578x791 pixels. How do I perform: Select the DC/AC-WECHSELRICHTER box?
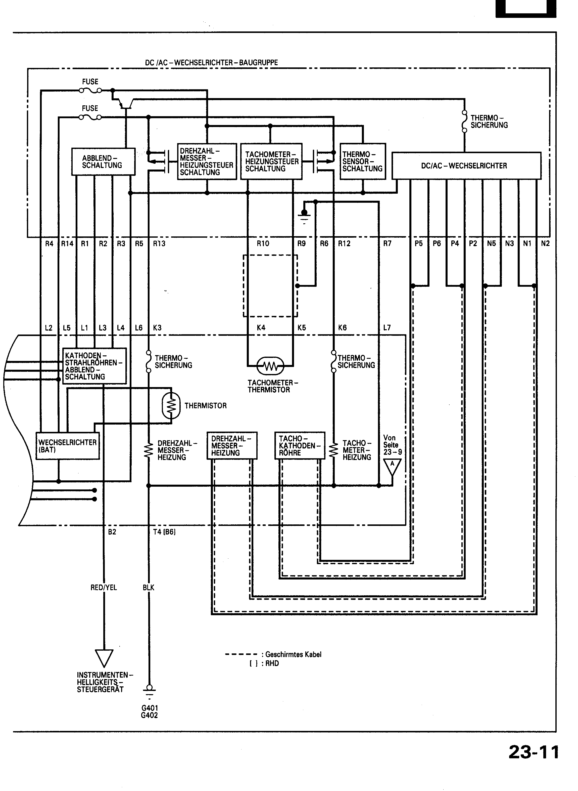click(x=466, y=166)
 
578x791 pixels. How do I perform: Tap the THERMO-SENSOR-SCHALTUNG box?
click(x=362, y=161)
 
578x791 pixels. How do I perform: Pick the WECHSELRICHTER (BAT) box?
click(x=68, y=446)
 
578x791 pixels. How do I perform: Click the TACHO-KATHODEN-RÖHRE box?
click(x=300, y=445)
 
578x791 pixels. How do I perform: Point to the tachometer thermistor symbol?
click(x=270, y=366)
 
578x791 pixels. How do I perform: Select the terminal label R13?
click(x=159, y=243)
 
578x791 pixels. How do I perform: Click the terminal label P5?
click(x=418, y=243)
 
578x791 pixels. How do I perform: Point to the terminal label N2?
click(x=545, y=243)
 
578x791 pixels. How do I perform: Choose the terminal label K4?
click(x=261, y=328)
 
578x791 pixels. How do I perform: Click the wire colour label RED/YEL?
click(x=104, y=588)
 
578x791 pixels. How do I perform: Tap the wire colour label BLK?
click(x=148, y=588)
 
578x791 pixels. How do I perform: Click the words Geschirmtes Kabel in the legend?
click(x=293, y=654)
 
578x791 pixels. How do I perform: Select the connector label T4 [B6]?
click(x=164, y=532)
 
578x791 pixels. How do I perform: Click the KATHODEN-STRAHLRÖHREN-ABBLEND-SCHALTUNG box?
click(x=94, y=366)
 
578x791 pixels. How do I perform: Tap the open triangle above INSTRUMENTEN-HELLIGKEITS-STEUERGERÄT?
click(x=104, y=658)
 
